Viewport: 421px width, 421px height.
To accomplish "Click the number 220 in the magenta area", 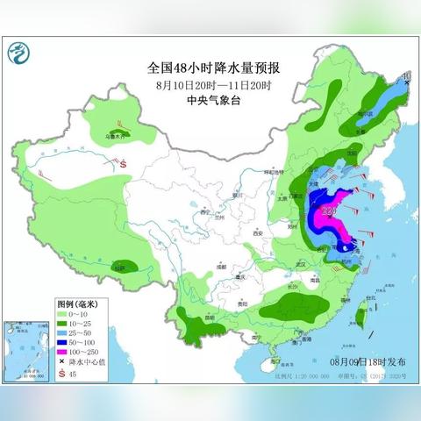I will (330, 211).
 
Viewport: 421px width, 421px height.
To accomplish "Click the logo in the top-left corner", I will (18, 54).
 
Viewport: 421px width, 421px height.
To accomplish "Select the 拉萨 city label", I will (119, 267).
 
